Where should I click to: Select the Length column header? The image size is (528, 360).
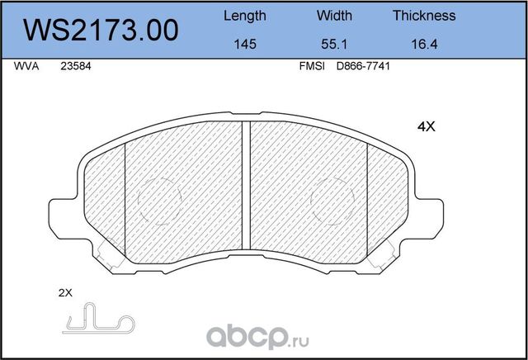(245, 16)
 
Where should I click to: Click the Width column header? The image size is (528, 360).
(334, 16)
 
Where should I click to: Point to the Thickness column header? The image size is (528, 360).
(424, 16)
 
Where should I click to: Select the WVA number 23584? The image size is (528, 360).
(75, 69)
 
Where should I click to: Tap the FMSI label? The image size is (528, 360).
(309, 69)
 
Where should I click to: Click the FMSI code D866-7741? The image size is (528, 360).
(362, 69)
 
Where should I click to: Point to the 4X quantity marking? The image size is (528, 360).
(425, 127)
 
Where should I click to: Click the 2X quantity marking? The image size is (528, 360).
(66, 293)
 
